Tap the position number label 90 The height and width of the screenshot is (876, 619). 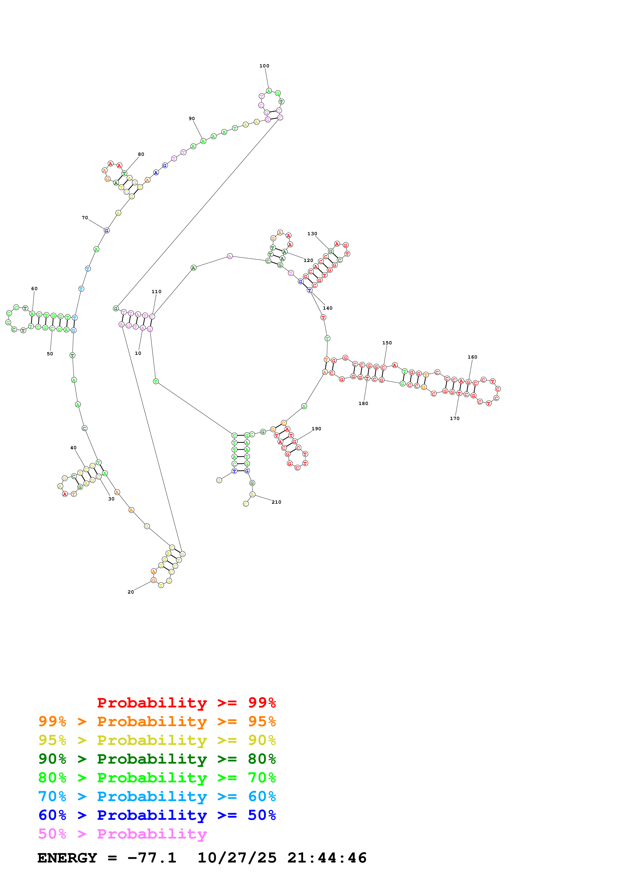[192, 119]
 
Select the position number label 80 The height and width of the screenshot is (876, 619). [141, 155]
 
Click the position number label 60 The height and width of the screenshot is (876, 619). [34, 289]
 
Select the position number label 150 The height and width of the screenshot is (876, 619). [387, 343]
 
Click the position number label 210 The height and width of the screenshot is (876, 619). [276, 502]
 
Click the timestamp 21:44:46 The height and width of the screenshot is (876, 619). [327, 858]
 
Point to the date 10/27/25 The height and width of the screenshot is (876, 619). [237, 858]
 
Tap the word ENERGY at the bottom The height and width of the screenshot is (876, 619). [67, 858]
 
